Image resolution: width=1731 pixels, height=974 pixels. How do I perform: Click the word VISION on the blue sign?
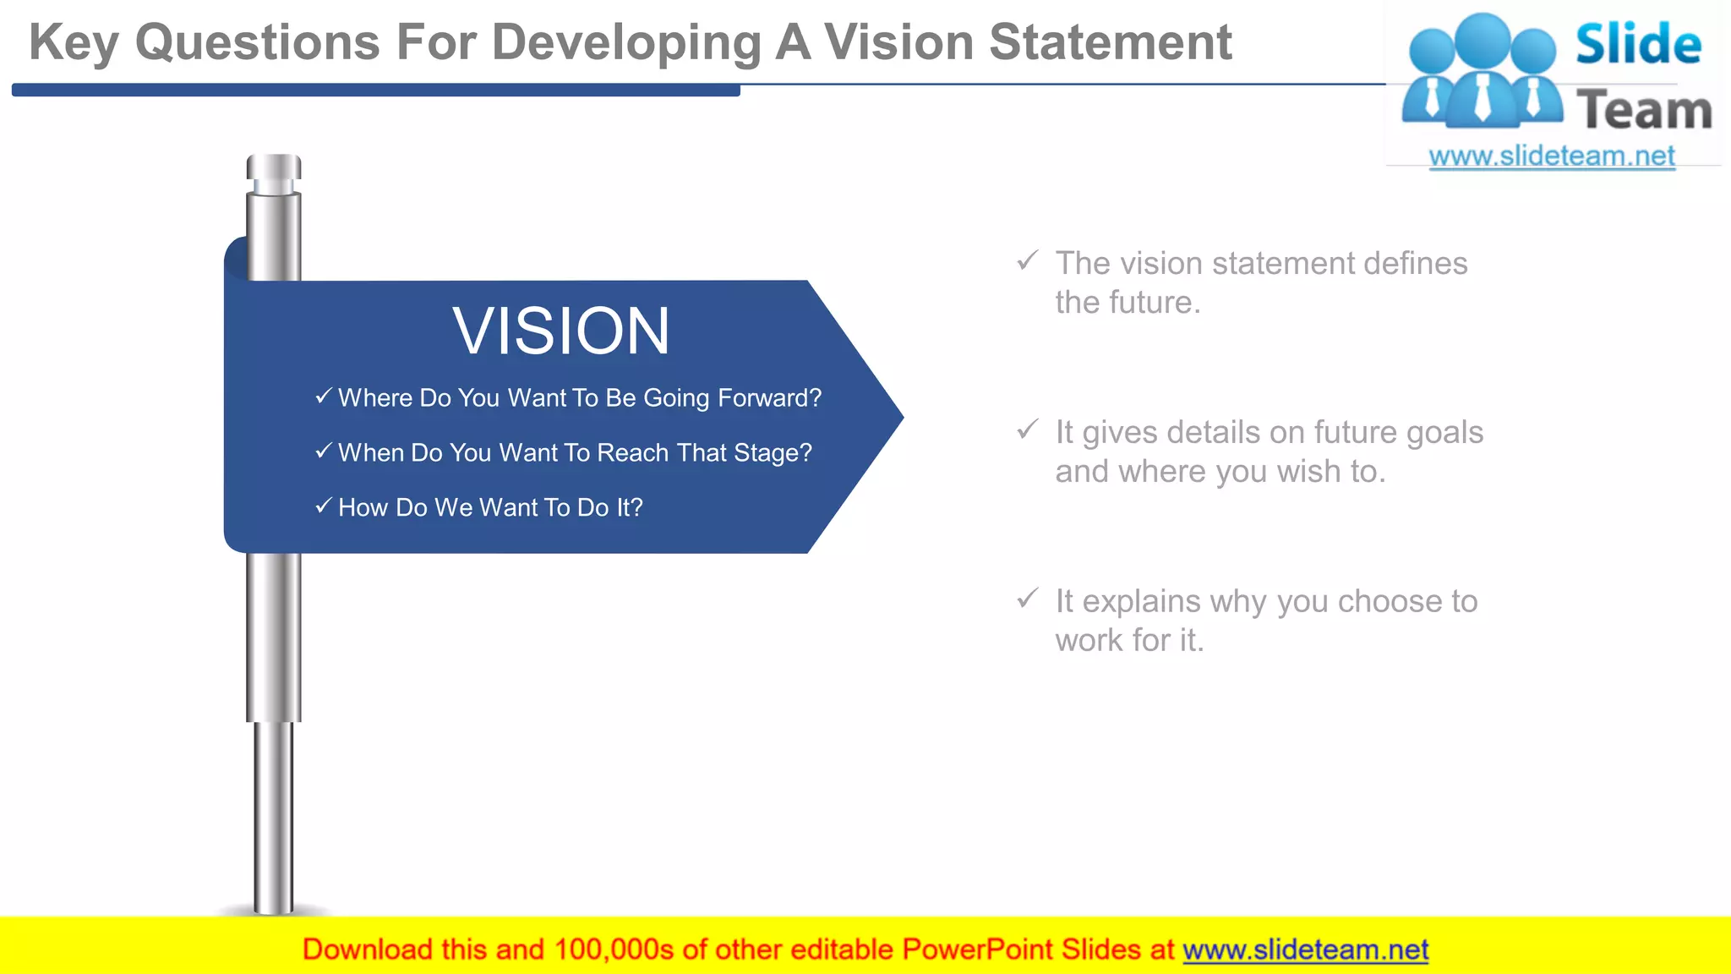561,331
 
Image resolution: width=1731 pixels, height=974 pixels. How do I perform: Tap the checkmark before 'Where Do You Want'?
323,396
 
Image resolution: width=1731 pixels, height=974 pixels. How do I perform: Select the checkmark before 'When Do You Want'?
323,451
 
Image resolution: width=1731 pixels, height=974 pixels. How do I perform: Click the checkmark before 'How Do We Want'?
323,506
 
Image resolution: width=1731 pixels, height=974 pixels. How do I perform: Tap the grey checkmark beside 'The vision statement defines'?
1027,260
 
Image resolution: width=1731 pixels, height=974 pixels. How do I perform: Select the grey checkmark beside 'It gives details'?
1027,430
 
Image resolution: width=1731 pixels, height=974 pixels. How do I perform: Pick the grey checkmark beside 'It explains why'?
1027,599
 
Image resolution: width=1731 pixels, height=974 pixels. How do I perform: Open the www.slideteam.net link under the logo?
1552,156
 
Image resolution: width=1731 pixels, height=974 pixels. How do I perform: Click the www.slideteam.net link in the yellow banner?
1305,949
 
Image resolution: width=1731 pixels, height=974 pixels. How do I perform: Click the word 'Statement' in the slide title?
1110,42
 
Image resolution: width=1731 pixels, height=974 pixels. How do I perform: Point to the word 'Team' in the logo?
1643,111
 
